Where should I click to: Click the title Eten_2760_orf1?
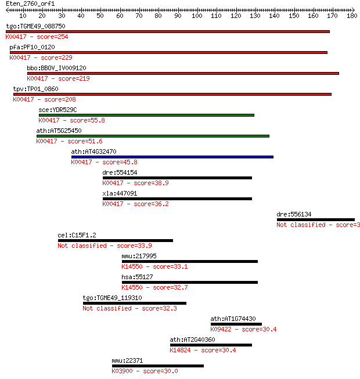[x=30, y=3]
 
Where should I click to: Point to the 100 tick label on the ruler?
[x=197, y=16]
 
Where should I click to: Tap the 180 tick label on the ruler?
[x=352, y=16]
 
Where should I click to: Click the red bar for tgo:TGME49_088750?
[x=168, y=32]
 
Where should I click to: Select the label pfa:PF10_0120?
[x=32, y=47]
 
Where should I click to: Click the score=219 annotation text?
[x=74, y=78]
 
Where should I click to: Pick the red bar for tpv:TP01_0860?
[x=172, y=94]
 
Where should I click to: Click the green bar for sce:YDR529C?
[x=146, y=115]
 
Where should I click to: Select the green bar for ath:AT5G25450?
[x=153, y=136]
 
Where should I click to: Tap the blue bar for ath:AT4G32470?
[x=172, y=157]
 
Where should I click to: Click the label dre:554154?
[x=120, y=172]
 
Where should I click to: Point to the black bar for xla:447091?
[x=177, y=198]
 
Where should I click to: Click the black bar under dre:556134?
[x=316, y=220]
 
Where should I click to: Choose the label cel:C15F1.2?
[x=77, y=235]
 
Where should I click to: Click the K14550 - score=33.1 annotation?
[x=154, y=266]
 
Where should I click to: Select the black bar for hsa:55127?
[x=190, y=282]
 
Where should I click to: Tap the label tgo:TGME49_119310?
[x=113, y=298]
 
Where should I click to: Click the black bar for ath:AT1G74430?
[x=236, y=324]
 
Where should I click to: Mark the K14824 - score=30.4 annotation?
[x=203, y=350]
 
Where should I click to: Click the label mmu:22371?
[x=127, y=360]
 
